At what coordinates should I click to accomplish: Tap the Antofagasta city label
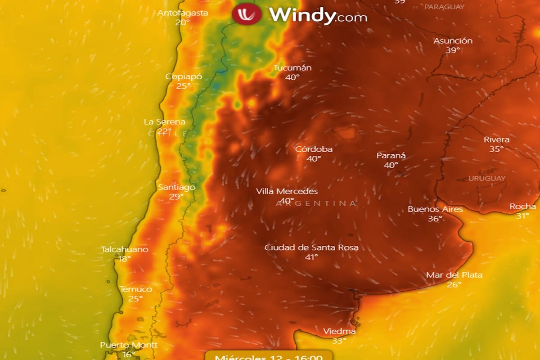tap(183, 13)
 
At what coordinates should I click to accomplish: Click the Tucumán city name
tap(292, 68)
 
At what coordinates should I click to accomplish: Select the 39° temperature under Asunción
tap(453, 50)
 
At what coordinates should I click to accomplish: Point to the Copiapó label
tap(184, 76)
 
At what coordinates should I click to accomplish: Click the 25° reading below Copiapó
tap(184, 86)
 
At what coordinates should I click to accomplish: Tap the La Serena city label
tap(165, 122)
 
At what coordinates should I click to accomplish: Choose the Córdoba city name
tap(314, 149)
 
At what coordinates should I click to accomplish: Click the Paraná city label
tap(391, 156)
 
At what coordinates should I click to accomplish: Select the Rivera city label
tap(497, 139)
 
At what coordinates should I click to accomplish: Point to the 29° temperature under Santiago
tap(176, 197)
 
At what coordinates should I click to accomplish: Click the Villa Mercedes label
tap(287, 191)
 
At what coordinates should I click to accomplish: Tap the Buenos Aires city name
tap(435, 209)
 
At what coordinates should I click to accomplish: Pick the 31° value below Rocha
tap(522, 216)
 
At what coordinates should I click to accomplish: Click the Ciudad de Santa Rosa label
tap(311, 247)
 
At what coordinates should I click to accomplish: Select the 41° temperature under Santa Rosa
tap(311, 257)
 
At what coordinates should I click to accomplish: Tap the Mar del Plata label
tap(454, 275)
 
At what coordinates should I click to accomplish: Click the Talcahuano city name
tap(125, 249)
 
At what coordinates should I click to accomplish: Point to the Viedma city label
tap(339, 332)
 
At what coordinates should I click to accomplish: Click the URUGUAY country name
tap(487, 178)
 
